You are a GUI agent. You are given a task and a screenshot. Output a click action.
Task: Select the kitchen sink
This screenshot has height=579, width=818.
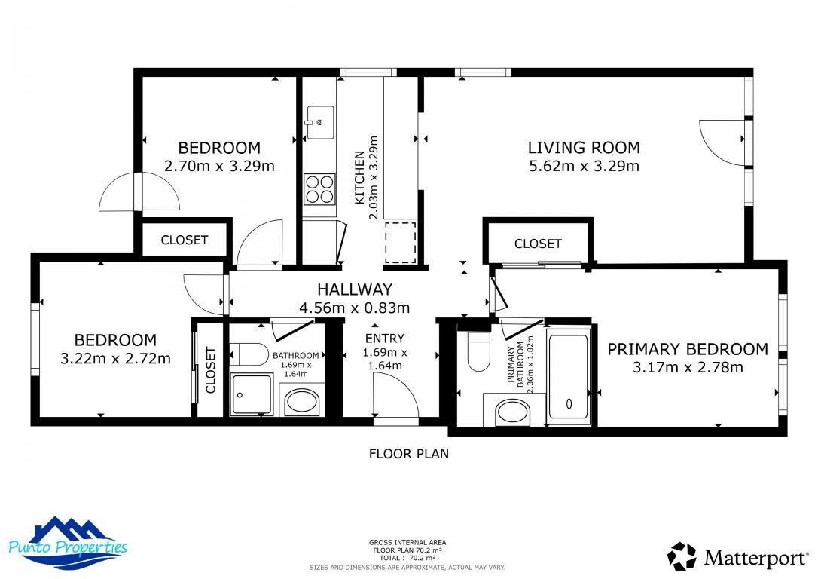pos(320,123)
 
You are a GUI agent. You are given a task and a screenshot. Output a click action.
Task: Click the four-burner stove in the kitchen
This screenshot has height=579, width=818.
pos(319,188)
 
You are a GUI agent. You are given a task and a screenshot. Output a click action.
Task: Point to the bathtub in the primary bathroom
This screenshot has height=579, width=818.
pos(569,377)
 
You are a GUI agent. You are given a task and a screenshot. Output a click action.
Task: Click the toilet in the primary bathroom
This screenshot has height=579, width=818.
pos(478,352)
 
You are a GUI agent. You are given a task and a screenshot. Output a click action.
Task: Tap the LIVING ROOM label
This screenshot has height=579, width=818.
pos(583,148)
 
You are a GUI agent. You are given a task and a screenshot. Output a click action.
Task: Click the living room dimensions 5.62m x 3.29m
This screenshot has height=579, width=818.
pos(583,166)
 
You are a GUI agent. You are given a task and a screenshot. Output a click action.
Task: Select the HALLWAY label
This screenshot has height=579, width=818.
pos(354,289)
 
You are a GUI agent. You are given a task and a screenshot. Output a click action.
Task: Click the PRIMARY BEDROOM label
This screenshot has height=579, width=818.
pos(688,349)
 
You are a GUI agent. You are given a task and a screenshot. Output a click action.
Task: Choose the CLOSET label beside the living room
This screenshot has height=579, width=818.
pos(538,244)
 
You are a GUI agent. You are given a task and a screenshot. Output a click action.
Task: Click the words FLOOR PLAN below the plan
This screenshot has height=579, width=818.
pos(408,454)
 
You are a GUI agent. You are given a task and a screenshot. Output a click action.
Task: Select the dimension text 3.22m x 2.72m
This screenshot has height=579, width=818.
pos(115,358)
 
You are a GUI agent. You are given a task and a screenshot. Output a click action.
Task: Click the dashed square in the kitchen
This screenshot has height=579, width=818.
pos(400,242)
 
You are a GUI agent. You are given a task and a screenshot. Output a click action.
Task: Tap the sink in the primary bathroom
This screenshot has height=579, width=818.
pos(513,412)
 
